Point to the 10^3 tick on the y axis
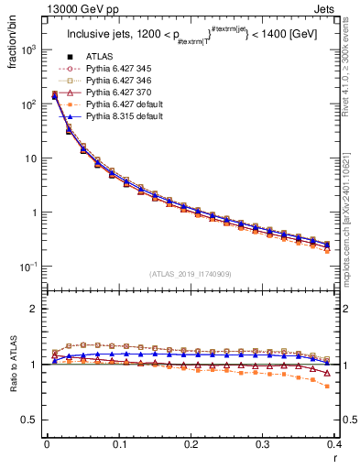(31, 50)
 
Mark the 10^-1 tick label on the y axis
(31, 267)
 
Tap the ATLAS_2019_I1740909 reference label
(191, 273)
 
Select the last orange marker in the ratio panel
(328, 386)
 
